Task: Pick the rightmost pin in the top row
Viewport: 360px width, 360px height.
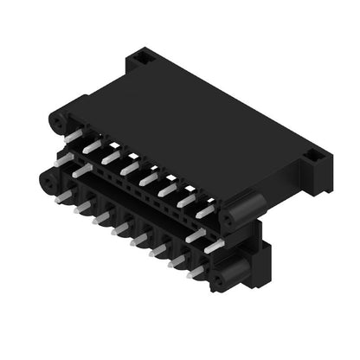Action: pyautogui.click(x=206, y=210)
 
